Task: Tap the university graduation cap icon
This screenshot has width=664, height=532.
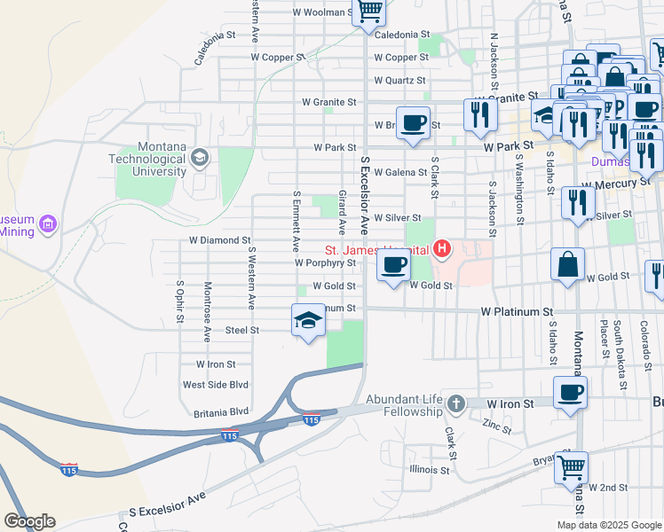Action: pyautogui.click(x=199, y=159)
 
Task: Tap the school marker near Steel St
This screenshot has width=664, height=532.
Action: pyautogui.click(x=308, y=320)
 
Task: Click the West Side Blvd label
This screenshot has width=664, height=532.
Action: pyautogui.click(x=216, y=385)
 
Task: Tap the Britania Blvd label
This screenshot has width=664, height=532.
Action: pyautogui.click(x=221, y=412)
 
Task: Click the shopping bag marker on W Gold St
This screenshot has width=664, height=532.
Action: pyautogui.click(x=567, y=264)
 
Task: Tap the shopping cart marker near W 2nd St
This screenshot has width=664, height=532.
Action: pyautogui.click(x=571, y=465)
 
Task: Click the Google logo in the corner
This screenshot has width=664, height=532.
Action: pyautogui.click(x=29, y=521)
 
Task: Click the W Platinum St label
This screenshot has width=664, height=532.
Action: pyautogui.click(x=517, y=312)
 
